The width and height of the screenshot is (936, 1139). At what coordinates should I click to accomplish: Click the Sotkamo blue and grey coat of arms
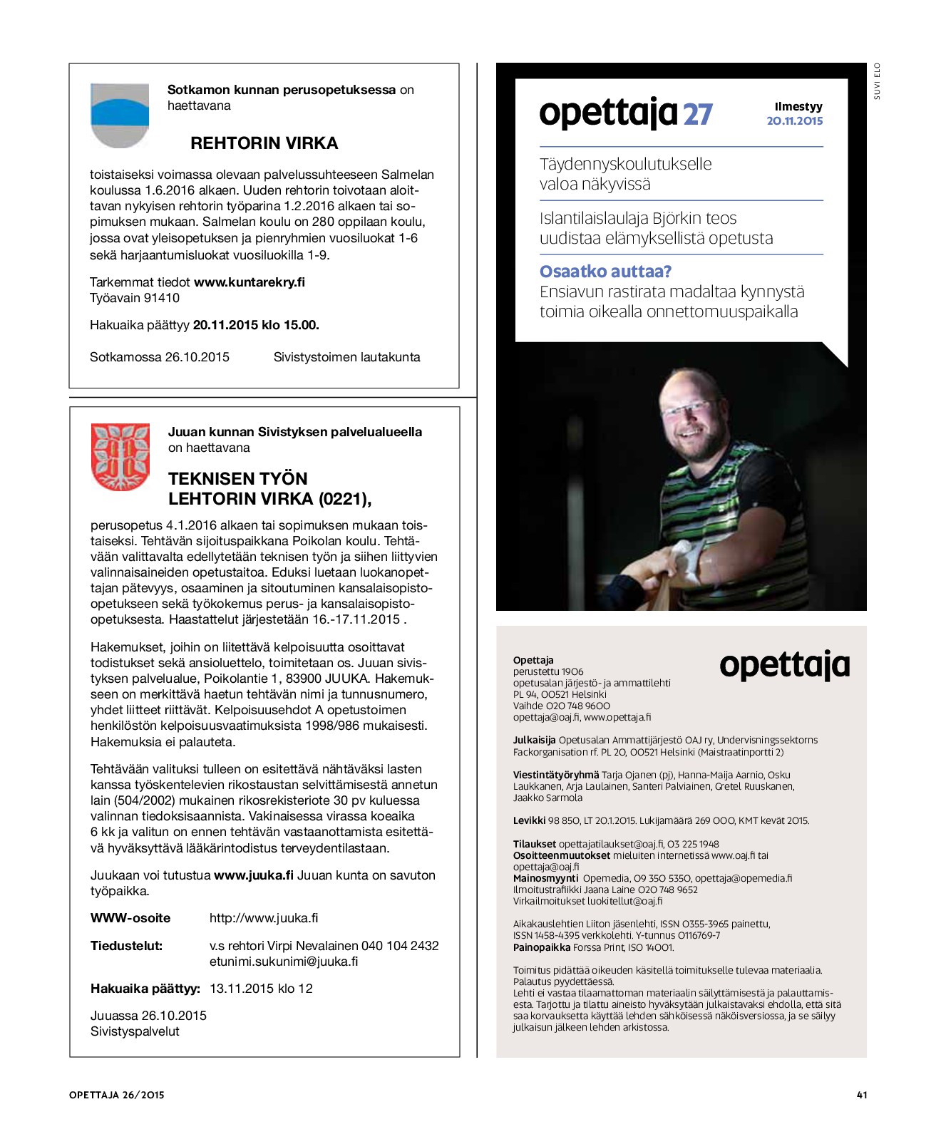coord(120,115)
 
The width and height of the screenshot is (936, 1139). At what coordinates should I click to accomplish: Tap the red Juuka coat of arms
coord(120,457)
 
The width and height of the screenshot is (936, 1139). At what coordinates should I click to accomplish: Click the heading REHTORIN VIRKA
coord(264,143)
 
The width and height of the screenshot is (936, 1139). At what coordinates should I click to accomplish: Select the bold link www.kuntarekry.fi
coord(250,282)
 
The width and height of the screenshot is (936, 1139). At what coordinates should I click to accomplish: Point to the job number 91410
coord(162,298)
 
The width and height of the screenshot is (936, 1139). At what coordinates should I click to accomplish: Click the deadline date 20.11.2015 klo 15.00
coord(256,325)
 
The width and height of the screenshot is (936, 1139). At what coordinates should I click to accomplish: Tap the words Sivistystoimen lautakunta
coord(346,357)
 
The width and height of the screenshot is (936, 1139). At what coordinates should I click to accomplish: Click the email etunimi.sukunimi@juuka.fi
coord(284,962)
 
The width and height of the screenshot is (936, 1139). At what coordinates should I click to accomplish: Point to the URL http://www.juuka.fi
coord(264,918)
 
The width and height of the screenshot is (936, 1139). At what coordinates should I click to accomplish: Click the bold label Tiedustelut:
coord(126,946)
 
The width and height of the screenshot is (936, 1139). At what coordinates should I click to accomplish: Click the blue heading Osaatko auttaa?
coord(605,272)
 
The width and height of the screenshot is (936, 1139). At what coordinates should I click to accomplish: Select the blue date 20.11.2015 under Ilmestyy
coord(794,121)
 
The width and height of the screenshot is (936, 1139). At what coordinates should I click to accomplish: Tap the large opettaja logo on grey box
coord(784,666)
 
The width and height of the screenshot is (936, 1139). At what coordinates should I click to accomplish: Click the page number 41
coord(862,1095)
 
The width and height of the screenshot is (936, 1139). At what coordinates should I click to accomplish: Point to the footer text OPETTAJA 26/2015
coord(117,1095)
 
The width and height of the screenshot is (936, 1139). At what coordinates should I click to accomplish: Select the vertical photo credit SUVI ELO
coord(877,81)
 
